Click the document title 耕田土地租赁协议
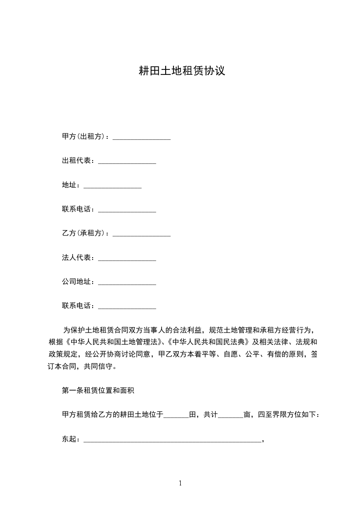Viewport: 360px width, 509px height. pyautogui.click(x=182, y=71)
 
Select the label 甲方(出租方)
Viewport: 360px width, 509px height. pyautogui.click(x=84, y=137)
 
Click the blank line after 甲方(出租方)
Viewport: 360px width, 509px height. pyautogui.click(x=141, y=137)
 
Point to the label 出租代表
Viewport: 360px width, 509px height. pyautogui.click(x=77, y=161)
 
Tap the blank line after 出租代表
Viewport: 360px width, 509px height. pyautogui.click(x=127, y=162)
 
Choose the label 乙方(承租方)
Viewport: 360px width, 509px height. pyautogui.click(x=84, y=233)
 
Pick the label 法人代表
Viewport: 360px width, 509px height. pyautogui.click(x=77, y=258)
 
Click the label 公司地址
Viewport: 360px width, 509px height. pyautogui.click(x=77, y=282)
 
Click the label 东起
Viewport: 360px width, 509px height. pyautogui.click(x=69, y=439)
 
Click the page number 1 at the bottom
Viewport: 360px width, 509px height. pyautogui.click(x=180, y=483)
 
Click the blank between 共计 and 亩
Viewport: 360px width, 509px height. pyautogui.click(x=231, y=416)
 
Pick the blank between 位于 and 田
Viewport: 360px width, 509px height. pyautogui.click(x=176, y=416)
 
